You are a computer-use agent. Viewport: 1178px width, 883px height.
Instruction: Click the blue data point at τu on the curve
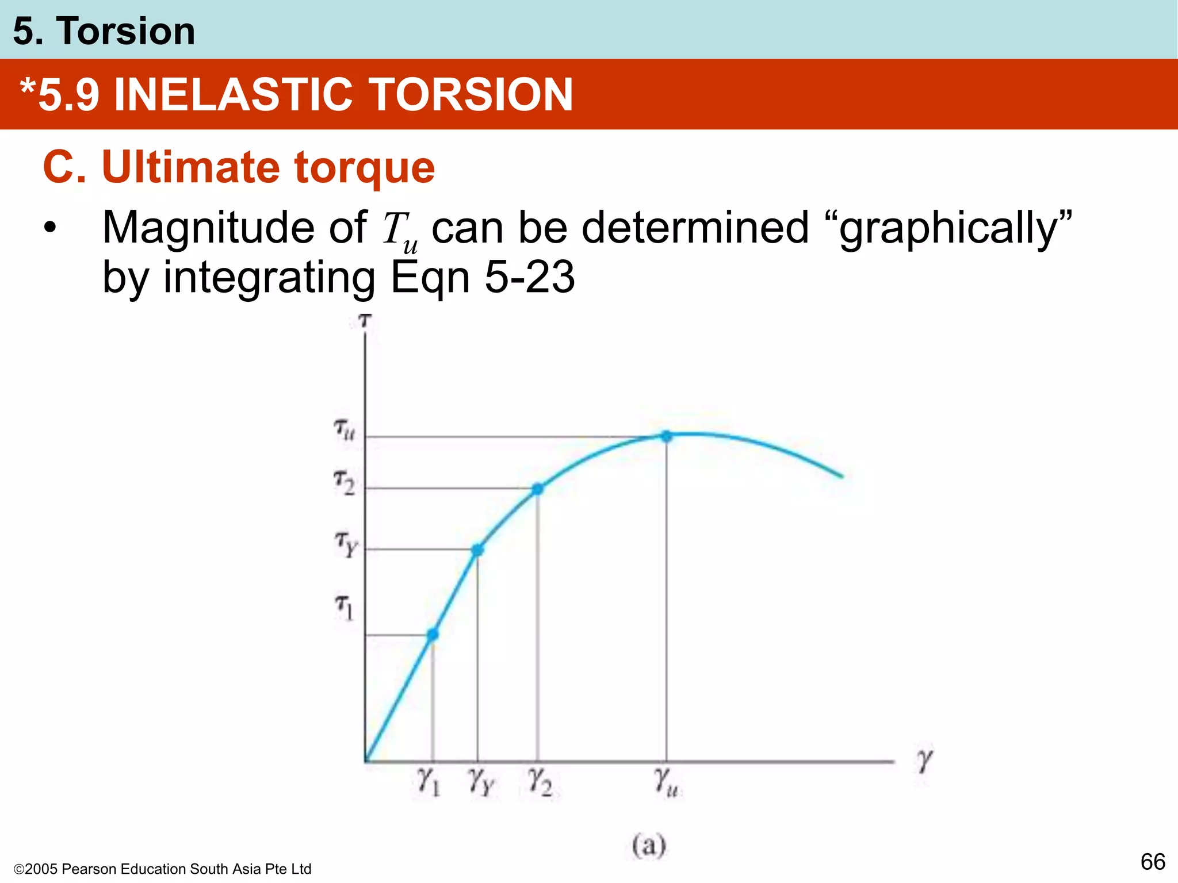coord(666,436)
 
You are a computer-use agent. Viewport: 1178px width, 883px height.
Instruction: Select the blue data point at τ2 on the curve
coord(537,489)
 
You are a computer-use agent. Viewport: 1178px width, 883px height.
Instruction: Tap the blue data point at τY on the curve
coord(477,550)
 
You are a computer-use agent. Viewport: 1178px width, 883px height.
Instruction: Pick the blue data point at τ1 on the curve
coord(433,634)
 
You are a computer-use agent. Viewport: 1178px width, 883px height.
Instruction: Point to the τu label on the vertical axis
coord(345,429)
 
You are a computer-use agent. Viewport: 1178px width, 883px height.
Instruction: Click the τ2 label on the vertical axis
coord(345,482)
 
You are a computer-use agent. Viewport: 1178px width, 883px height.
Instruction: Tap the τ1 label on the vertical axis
coord(344,607)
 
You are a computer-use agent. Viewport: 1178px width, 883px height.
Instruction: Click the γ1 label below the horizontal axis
coord(429,782)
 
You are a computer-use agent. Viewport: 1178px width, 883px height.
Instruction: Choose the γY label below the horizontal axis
coord(481,782)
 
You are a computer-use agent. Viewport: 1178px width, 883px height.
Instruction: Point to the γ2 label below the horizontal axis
coord(540,782)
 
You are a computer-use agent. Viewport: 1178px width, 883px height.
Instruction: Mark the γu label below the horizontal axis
coord(666,782)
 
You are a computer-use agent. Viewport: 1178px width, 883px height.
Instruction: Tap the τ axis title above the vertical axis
coord(365,320)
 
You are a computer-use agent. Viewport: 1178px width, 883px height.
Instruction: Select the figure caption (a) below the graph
coord(649,845)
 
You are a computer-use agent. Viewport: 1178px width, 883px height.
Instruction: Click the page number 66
coord(1153,862)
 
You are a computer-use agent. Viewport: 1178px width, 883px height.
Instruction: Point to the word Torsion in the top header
coord(126,31)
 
